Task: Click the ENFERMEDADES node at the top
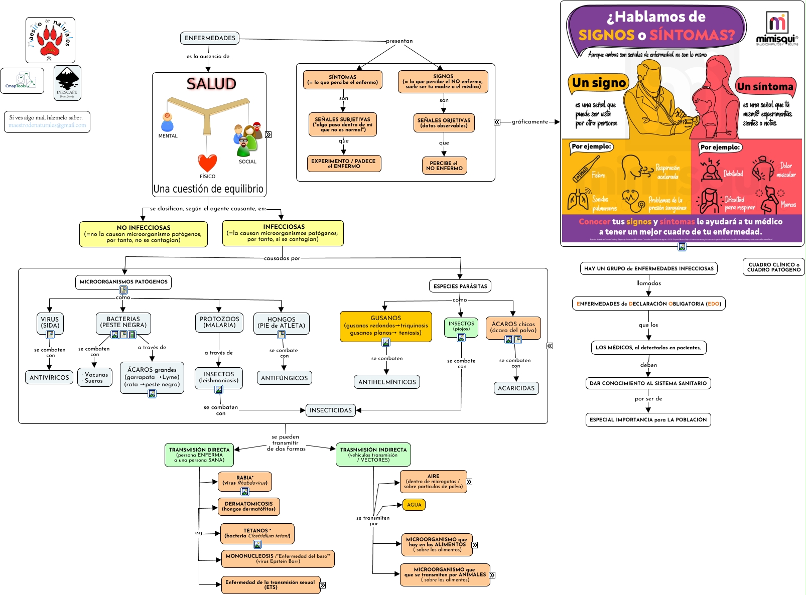click(x=210, y=38)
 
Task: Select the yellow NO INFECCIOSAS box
click(x=144, y=234)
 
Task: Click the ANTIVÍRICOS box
click(x=49, y=378)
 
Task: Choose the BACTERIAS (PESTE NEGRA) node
click(x=123, y=322)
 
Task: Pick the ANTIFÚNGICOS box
click(x=285, y=378)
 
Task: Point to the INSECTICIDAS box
click(x=331, y=410)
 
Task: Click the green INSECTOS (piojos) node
click(x=461, y=326)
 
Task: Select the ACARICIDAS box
click(x=516, y=388)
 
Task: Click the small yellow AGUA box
click(x=414, y=505)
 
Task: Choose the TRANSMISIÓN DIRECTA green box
click(x=199, y=455)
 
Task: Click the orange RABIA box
click(x=245, y=481)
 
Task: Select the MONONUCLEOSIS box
click(x=278, y=558)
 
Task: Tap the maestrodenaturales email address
click(x=47, y=125)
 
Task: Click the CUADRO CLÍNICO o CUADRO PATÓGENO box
click(x=773, y=267)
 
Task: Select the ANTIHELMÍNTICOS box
click(x=387, y=382)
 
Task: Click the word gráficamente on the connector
click(x=529, y=122)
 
